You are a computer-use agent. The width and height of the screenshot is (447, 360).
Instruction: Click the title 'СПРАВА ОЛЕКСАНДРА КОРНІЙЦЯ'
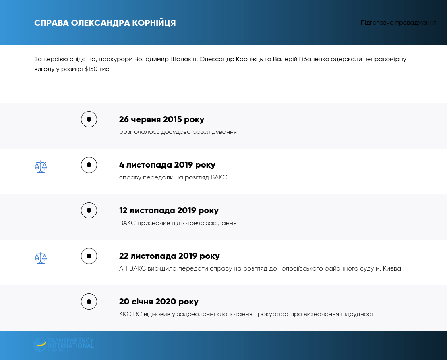pos(105,23)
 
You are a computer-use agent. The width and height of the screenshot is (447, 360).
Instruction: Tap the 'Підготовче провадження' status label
pos(398,23)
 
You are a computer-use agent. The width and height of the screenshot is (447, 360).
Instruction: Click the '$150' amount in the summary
pos(91,69)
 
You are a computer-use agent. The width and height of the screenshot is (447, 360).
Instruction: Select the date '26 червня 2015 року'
pos(161,119)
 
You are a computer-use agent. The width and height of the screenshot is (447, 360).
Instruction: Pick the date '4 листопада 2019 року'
pos(168,165)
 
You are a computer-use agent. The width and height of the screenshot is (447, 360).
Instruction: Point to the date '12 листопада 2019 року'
pos(169,210)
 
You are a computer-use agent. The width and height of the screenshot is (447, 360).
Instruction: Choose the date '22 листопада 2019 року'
pos(169,256)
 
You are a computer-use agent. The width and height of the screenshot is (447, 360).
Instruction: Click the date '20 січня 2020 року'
pos(159,302)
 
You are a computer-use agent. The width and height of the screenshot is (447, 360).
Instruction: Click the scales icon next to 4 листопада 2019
pos(41,166)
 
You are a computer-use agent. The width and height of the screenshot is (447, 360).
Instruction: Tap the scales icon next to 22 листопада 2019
pos(41,258)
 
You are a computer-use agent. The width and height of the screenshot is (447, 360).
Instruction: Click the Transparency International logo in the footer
pos(63,345)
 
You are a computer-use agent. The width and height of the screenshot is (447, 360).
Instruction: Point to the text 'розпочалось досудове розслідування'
pos(178,132)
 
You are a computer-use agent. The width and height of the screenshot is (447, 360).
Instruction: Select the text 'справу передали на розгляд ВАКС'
pos(173,177)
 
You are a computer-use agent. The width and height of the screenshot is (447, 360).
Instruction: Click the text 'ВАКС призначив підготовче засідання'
pos(178,223)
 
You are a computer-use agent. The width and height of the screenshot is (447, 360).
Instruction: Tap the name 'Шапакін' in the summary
pos(184,59)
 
